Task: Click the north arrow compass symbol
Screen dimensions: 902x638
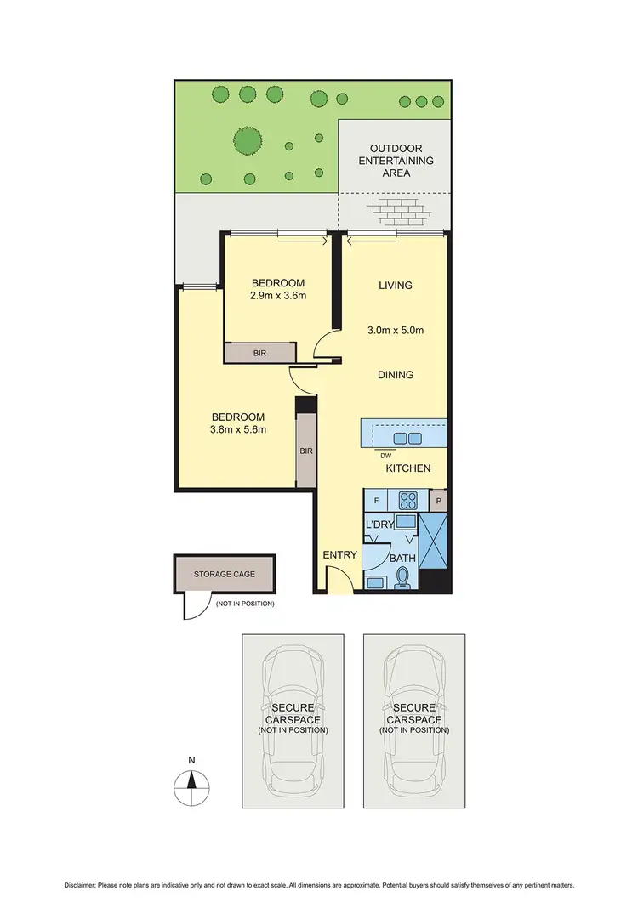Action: pos(192,782)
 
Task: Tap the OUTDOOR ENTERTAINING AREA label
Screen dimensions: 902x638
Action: pos(396,161)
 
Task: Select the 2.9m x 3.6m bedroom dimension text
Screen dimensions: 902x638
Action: pos(277,296)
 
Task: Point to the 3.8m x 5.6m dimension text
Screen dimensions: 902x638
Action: pos(238,429)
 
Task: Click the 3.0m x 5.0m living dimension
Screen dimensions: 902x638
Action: pos(396,331)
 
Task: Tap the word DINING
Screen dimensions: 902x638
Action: pos(396,374)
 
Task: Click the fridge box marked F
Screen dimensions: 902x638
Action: pos(376,501)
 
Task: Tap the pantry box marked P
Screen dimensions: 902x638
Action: pos(438,501)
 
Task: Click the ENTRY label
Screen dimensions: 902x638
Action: pos(340,555)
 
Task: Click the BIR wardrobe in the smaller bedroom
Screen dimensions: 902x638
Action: pos(260,352)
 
